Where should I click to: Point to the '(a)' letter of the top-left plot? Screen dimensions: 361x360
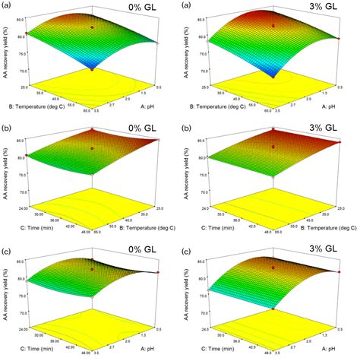point(11,7)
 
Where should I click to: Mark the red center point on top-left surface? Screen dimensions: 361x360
point(93,27)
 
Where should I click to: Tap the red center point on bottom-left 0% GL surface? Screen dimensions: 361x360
point(93,268)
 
